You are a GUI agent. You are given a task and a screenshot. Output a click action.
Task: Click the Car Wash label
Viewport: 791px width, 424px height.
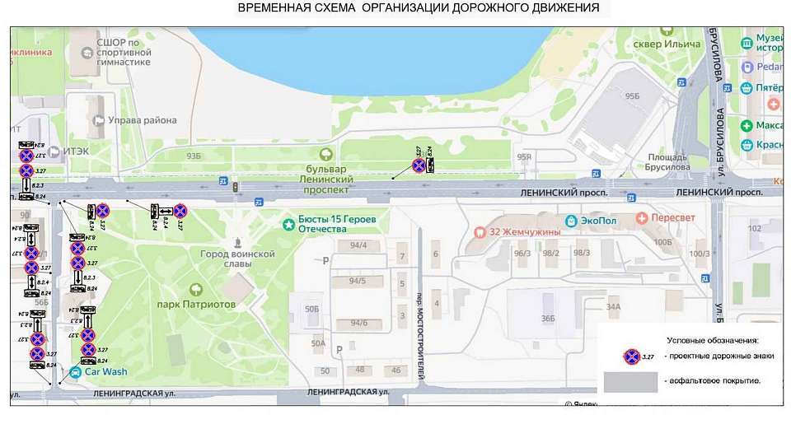[103, 371]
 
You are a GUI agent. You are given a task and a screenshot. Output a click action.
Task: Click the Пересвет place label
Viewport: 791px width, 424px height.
[672, 218]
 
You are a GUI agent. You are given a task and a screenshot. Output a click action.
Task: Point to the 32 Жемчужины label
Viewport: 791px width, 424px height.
[525, 231]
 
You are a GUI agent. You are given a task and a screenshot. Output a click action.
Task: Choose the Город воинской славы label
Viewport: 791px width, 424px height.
[237, 259]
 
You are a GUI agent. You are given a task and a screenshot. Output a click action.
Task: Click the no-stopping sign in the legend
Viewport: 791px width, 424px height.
[631, 356]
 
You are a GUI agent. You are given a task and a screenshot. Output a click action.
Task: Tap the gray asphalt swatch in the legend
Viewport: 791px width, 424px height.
[631, 382]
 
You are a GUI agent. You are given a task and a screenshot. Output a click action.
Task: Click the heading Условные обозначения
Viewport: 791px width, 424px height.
[711, 339]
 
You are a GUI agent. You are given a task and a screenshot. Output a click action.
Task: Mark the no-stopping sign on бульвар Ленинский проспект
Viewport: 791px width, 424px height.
[419, 165]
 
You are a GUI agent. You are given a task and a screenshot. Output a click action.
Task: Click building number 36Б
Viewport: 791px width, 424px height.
[548, 319]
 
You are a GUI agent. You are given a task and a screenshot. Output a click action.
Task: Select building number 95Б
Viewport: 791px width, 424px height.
[632, 96]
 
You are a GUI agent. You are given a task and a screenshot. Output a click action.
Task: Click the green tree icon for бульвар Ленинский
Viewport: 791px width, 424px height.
[326, 153]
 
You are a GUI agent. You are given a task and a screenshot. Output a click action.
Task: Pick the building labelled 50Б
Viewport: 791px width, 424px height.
[311, 308]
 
